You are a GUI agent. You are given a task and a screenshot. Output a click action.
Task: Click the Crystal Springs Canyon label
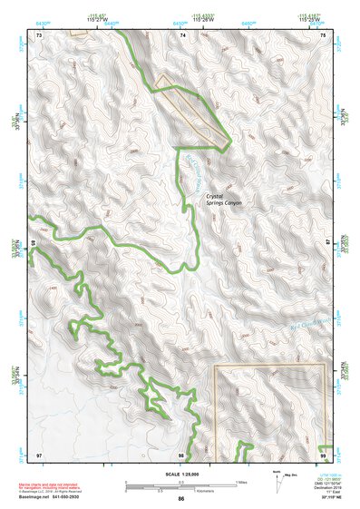(x=224, y=200)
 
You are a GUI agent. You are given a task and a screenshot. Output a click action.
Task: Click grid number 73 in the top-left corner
(x=39, y=34)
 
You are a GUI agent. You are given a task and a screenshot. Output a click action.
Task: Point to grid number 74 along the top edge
(x=182, y=34)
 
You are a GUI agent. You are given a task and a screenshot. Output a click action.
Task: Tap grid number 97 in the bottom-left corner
(x=39, y=454)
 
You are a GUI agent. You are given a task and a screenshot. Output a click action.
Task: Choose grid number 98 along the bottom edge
(x=181, y=454)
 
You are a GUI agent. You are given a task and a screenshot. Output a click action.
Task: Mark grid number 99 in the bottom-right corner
(x=323, y=454)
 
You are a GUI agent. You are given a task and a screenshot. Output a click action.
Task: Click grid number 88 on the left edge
(x=34, y=244)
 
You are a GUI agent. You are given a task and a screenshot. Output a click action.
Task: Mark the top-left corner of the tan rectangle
(x=214, y=366)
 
